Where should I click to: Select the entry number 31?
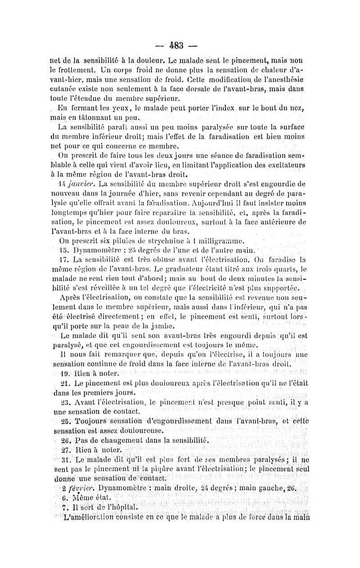point(65,460)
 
